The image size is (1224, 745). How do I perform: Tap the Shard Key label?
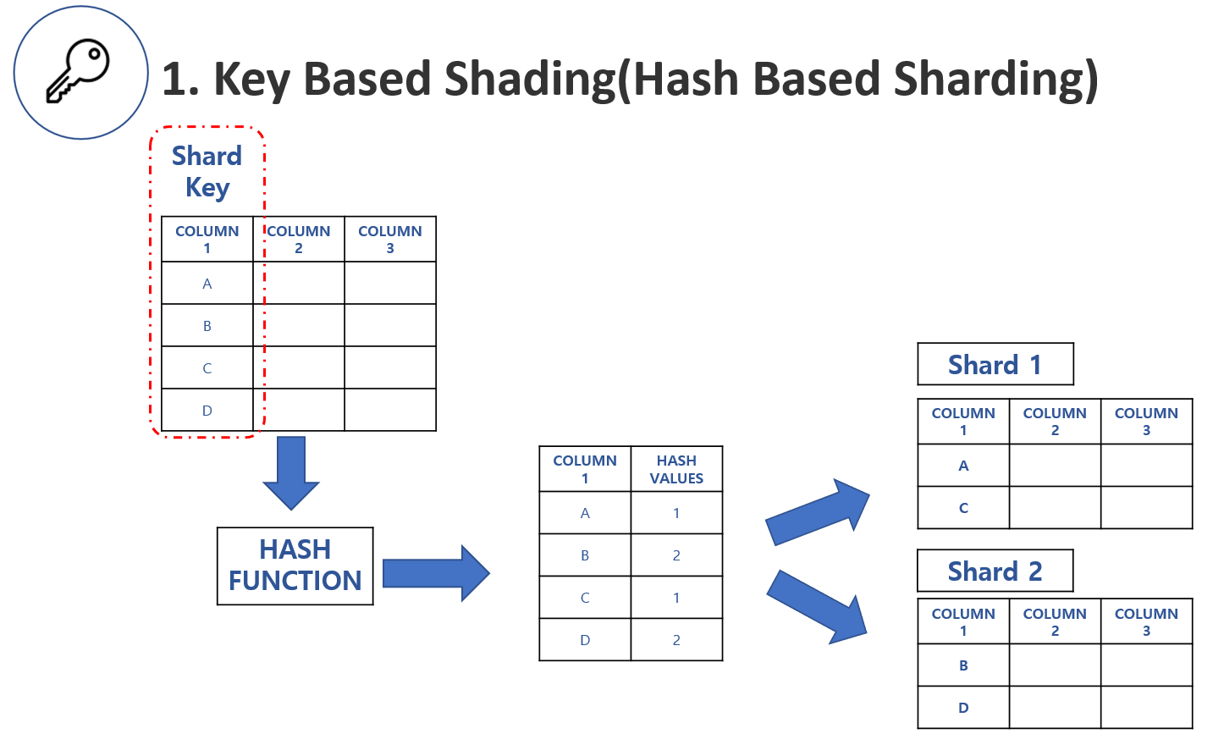(207, 171)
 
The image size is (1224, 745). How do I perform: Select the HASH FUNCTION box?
(295, 566)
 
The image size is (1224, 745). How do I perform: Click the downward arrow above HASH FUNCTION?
(291, 472)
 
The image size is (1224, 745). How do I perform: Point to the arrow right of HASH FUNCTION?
(435, 573)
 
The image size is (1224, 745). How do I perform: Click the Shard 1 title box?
(995, 364)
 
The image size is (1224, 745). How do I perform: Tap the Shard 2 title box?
(995, 571)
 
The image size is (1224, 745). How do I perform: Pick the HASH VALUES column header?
(676, 469)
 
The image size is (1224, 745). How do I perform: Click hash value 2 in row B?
(676, 555)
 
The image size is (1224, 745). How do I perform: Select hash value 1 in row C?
(676, 598)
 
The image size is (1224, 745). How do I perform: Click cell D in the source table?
(207, 411)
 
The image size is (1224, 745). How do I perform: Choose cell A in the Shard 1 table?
(963, 466)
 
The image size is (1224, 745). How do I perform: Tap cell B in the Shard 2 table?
(963, 665)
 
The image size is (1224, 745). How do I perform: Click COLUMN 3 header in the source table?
(390, 240)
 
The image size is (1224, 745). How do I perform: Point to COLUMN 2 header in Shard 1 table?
(1055, 422)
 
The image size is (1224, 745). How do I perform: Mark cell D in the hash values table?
(585, 640)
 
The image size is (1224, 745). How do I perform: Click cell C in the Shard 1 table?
(963, 508)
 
